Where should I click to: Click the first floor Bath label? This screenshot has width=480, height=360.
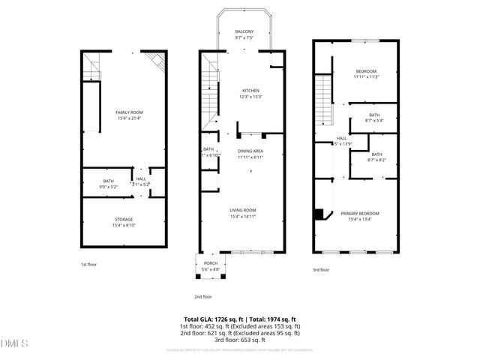tap(109, 181)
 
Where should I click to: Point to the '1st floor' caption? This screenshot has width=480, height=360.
tap(89, 265)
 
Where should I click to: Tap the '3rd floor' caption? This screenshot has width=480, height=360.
tap(321, 270)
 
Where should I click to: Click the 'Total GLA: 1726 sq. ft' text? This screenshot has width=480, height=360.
tap(212, 319)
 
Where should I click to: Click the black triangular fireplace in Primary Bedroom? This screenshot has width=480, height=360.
tap(320, 214)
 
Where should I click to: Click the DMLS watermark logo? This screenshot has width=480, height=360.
tap(14, 344)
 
